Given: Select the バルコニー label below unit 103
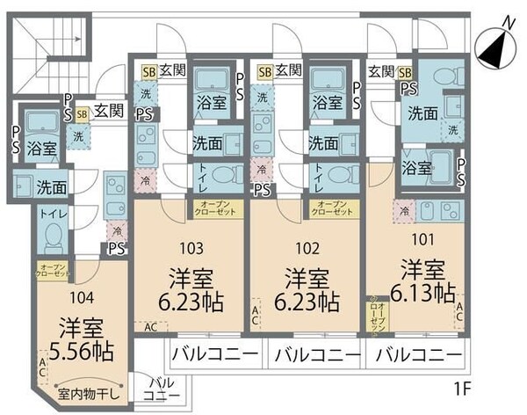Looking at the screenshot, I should click(214, 357).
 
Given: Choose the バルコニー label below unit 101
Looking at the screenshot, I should click(415, 357).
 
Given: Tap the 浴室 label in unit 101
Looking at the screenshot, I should click(416, 166).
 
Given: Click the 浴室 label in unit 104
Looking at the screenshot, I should click(40, 149).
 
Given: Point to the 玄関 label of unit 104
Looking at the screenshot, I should click(109, 112).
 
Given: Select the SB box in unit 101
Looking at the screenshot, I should click(405, 72).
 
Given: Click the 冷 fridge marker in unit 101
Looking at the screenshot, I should click(404, 211).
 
